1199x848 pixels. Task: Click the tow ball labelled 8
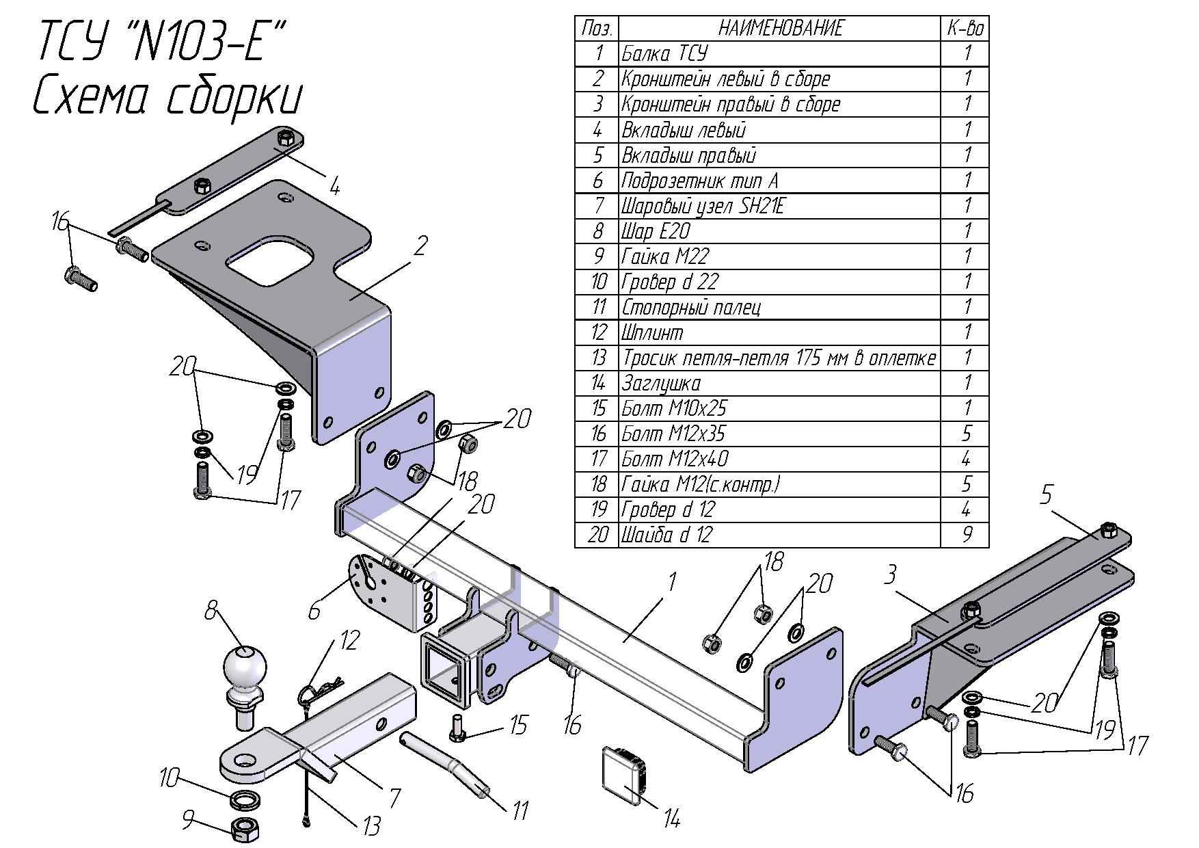click(x=244, y=671)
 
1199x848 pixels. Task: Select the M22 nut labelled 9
click(x=244, y=828)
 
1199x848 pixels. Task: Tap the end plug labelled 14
click(x=625, y=773)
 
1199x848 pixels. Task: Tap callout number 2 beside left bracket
click(x=421, y=245)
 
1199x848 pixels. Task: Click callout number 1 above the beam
click(x=672, y=583)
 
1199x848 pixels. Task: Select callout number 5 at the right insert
click(x=1047, y=494)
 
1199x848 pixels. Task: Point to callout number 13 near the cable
click(x=370, y=826)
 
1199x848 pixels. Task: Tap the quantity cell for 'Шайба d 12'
click(x=967, y=534)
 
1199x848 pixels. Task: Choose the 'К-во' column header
click(x=965, y=29)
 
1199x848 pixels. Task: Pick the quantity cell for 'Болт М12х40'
click(x=967, y=458)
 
